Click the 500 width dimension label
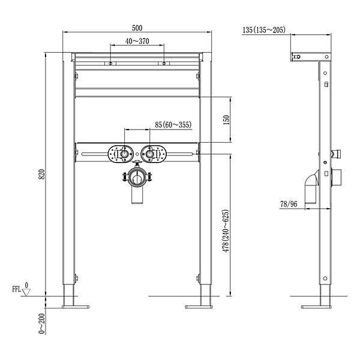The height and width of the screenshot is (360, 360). pos(137,28)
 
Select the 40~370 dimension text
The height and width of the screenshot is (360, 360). pos(137,41)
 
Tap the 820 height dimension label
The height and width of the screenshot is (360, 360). pos(41,174)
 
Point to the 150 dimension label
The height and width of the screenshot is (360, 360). pos(226,120)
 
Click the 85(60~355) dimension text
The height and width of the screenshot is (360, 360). pos(173,125)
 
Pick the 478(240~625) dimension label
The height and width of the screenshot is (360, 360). pos(226,231)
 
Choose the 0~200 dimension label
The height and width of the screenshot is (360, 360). pos(41,323)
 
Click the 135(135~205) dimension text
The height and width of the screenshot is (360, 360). pos(264,30)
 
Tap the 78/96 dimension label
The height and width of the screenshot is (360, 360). pos(289,204)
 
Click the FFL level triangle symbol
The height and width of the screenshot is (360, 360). pos(26,292)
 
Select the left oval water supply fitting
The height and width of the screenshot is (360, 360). pos(121,154)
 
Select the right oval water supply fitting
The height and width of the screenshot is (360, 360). pos(153,154)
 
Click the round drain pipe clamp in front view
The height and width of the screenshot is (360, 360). pos(137,177)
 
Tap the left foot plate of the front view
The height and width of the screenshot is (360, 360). pos(76,307)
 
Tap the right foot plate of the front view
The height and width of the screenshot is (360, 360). pos(199,307)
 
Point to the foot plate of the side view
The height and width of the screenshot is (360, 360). pos(316,307)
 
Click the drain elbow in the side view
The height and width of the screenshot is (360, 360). pos(312,187)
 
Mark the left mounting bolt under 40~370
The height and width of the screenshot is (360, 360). pos(110,64)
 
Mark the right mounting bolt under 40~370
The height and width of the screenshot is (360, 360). pos(164,64)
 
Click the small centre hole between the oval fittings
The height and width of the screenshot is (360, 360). pos(137,154)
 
